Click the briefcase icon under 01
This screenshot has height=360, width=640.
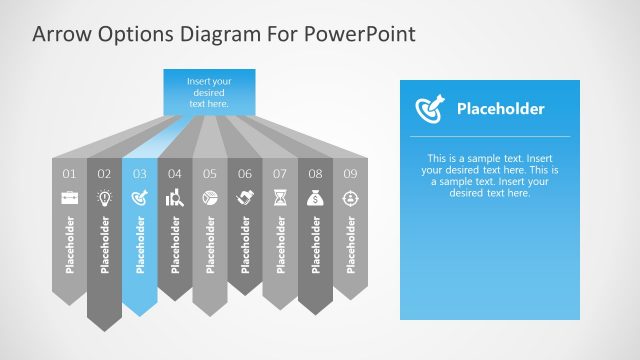[69, 198]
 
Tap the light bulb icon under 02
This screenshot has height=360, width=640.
[104, 198]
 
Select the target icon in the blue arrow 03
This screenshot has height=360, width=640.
[140, 198]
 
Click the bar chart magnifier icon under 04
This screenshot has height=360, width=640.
[174, 198]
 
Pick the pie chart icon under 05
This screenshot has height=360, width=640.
[210, 198]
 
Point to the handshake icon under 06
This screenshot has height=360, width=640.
[245, 198]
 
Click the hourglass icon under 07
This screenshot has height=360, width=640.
[280, 198]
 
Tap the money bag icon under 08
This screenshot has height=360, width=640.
[315, 198]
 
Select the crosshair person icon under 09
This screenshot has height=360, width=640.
[350, 198]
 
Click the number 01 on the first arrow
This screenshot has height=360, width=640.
[69, 174]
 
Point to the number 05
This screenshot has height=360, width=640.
[210, 174]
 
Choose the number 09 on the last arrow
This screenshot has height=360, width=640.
[350, 174]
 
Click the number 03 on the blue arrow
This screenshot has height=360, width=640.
[140, 174]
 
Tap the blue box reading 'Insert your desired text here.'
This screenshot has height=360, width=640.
[209, 90]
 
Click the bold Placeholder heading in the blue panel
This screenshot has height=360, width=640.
[500, 109]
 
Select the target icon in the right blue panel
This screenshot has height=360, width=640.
[427, 108]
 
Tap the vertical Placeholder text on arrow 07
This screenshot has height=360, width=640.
[280, 244]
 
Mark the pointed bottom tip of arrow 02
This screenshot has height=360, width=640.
[104, 329]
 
